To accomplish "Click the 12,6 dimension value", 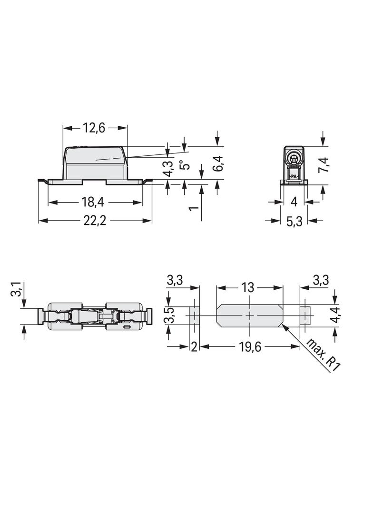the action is point(94,128).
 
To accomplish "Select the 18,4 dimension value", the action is point(92,203).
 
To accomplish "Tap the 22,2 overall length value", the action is point(95,221).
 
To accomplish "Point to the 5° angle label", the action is point(185,165).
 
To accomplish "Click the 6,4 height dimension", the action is point(218,163).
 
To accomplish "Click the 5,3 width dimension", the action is point(294,221).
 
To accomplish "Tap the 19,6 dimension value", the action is point(250,347).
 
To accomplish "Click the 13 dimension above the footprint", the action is point(248,287).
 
